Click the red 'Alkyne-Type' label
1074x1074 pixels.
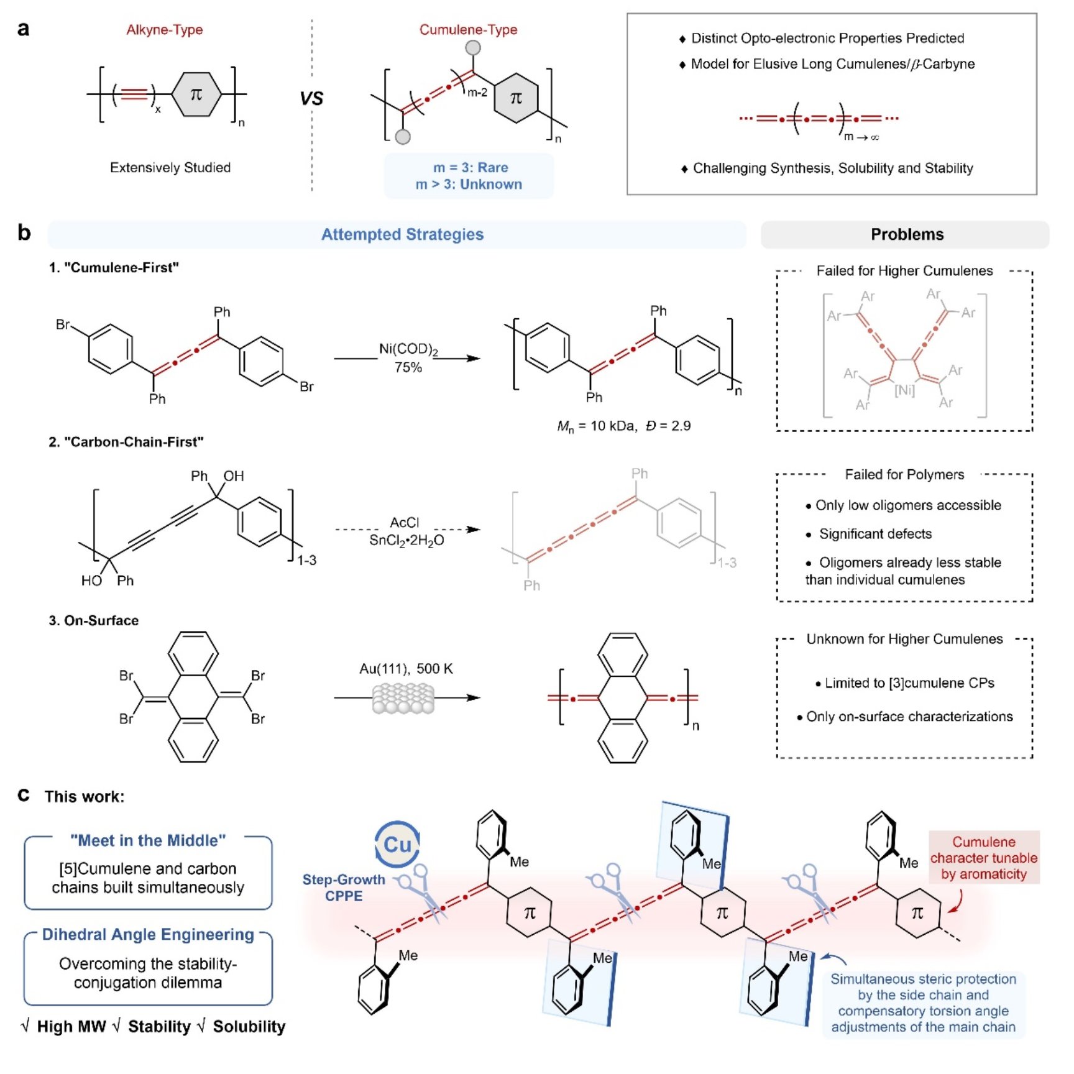click(x=164, y=30)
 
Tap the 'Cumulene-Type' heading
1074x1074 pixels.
click(x=468, y=30)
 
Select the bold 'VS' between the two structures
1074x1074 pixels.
click(x=311, y=99)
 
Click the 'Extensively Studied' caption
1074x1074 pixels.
click(x=170, y=168)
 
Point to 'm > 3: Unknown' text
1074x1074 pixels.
click(x=469, y=185)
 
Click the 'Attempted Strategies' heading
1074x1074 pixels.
click(x=402, y=234)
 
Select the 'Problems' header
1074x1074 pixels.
click(x=907, y=234)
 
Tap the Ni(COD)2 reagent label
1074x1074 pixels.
click(x=408, y=350)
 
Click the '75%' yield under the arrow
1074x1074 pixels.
click(x=408, y=368)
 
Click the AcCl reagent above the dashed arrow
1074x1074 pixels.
click(x=405, y=523)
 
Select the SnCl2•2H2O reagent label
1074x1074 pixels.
click(x=406, y=540)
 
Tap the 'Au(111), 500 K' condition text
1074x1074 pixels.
click(x=406, y=669)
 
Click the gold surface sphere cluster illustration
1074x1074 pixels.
click(x=403, y=699)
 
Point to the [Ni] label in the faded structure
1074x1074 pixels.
click(x=904, y=390)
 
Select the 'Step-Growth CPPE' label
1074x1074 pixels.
click(x=344, y=888)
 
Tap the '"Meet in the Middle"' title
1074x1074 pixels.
click(x=148, y=840)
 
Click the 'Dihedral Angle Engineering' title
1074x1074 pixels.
click(x=148, y=935)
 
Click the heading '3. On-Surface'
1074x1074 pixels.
click(x=94, y=620)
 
